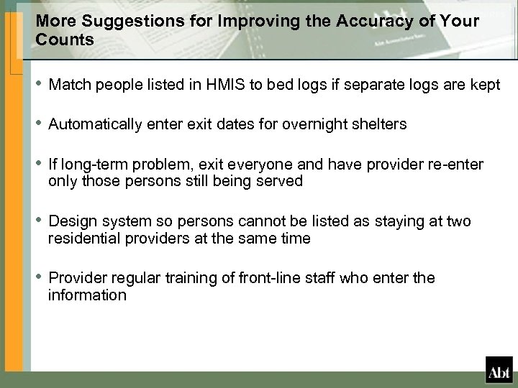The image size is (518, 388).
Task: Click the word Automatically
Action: point(96,124)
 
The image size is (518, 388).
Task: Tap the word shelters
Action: point(381,124)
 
